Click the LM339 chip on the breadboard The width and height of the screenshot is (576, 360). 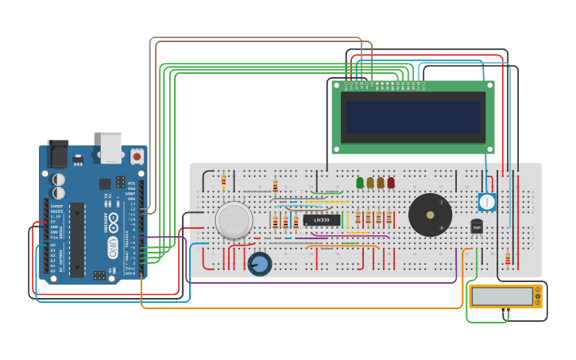click(x=322, y=219)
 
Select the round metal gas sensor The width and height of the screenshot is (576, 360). click(x=234, y=220)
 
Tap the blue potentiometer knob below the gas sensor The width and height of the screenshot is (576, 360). click(x=259, y=264)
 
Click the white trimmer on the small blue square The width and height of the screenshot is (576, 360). click(x=487, y=202)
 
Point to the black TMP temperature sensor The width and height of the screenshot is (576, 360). click(x=477, y=227)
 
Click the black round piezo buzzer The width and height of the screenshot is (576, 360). click(x=430, y=215)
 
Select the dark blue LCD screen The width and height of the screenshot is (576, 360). click(x=412, y=117)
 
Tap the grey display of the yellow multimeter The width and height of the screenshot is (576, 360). click(x=501, y=296)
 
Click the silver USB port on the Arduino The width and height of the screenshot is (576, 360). click(x=111, y=147)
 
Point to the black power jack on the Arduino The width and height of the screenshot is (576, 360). click(x=58, y=153)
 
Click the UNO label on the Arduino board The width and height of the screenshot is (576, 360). click(x=113, y=242)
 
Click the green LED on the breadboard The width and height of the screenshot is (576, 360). click(x=360, y=183)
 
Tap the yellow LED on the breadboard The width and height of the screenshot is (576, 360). click(x=370, y=183)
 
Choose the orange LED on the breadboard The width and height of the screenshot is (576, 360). click(x=381, y=183)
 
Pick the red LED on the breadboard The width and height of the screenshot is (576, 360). click(x=391, y=183)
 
